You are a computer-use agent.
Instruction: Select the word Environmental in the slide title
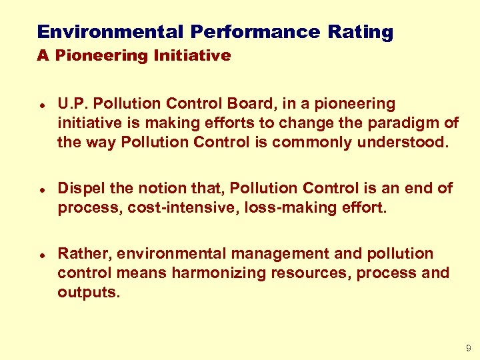[110, 32]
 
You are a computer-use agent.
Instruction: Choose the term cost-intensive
[154, 207]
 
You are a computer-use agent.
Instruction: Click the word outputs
[89, 292]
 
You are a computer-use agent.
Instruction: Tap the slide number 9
[468, 348]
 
